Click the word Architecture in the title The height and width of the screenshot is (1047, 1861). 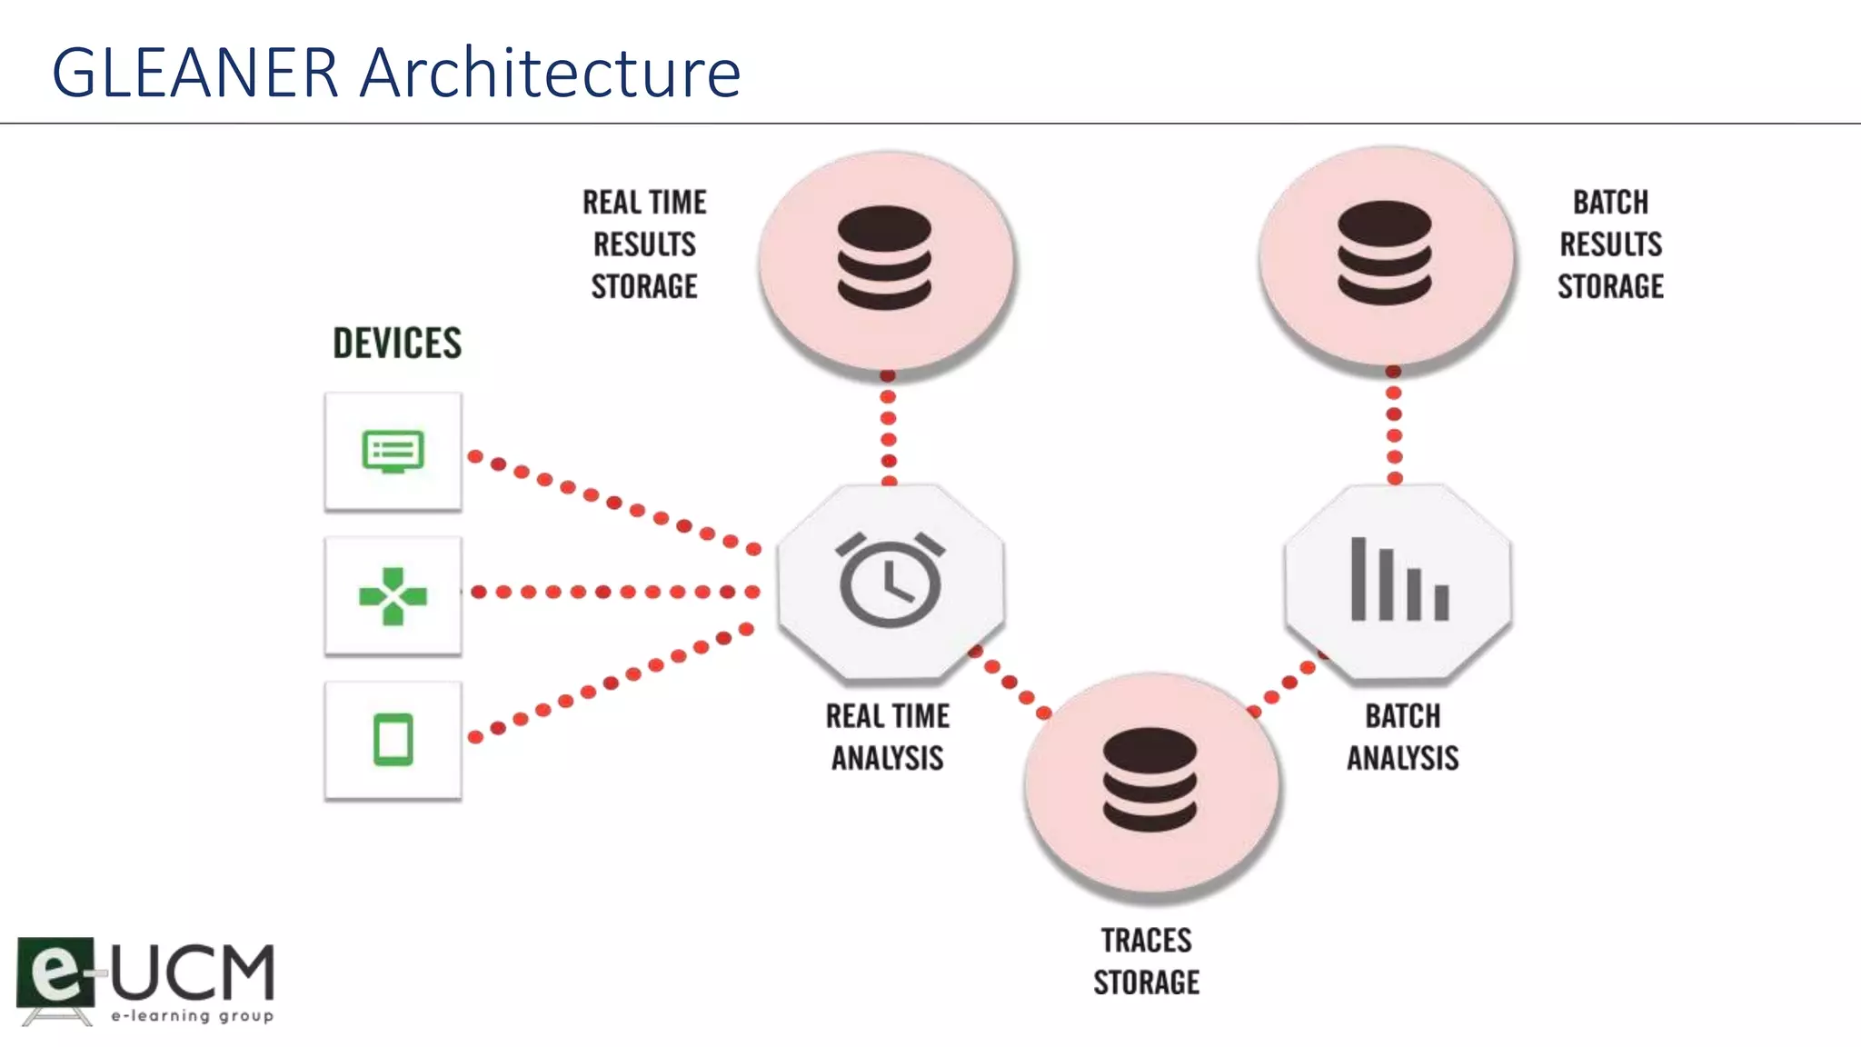tap(550, 73)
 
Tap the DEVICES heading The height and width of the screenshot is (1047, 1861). tap(397, 344)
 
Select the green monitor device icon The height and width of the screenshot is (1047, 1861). tap(393, 452)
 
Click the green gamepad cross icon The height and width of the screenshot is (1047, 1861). tap(393, 596)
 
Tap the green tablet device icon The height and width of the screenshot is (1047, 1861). tap(393, 740)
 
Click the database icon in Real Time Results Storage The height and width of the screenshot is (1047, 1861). tap(884, 258)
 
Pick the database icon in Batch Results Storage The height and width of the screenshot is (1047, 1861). tap(1384, 253)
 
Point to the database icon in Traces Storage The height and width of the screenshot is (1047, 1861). tap(1149, 780)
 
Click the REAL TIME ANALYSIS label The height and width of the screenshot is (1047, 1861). tap(888, 737)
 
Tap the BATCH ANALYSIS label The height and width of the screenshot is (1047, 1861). tap(1402, 737)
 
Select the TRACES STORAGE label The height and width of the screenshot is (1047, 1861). tap(1146, 962)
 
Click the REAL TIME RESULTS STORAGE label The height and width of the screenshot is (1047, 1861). tap(644, 244)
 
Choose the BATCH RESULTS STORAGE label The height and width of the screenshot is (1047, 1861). tap(1610, 244)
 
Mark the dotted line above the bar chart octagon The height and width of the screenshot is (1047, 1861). tap(1394, 425)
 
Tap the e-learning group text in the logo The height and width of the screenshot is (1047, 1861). tap(192, 1016)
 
